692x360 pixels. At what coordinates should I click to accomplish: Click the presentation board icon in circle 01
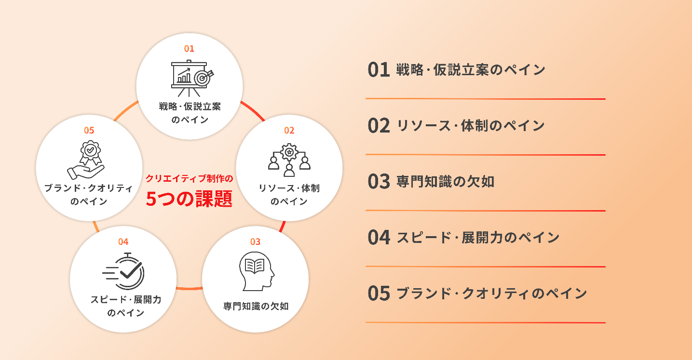189,77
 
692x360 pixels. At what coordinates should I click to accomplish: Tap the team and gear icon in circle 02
289,160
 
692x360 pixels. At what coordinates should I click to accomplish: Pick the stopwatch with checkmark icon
124,271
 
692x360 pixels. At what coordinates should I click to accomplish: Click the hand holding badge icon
86,160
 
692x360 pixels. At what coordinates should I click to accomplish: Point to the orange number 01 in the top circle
189,49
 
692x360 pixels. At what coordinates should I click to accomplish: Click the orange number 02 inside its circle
289,130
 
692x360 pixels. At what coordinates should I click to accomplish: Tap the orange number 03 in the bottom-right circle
255,241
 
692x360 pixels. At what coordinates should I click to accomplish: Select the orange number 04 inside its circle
123,241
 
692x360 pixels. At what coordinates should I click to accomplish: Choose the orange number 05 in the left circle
89,130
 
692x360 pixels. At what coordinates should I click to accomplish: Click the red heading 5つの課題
189,199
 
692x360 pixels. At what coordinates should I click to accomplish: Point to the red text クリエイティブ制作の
189,179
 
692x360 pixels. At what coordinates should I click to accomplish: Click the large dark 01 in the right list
379,70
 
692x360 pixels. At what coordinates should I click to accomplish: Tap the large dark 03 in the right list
379,182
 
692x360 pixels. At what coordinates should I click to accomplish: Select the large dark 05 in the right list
379,293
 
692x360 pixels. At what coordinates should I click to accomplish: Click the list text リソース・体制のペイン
471,126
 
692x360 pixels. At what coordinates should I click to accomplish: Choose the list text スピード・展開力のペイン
478,237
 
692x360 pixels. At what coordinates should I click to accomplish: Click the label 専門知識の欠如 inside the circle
256,306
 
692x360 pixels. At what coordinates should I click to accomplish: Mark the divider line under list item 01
485,99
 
